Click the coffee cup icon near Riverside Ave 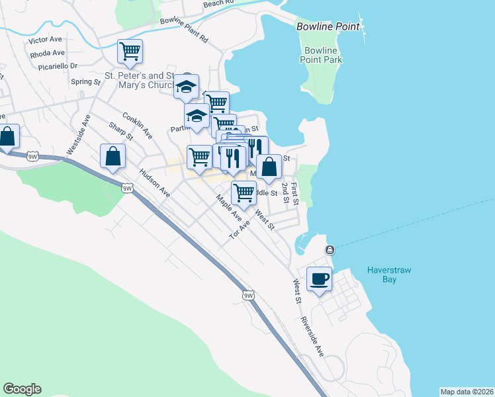pyautogui.click(x=320, y=279)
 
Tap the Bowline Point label pyautogui.click(x=328, y=27)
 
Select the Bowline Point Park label pyautogui.click(x=323, y=55)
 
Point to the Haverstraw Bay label pyautogui.click(x=382, y=275)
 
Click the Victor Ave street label pyautogui.click(x=45, y=40)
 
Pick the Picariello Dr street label pyautogui.click(x=59, y=66)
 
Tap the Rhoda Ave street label pyautogui.click(x=48, y=53)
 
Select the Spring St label pyautogui.click(x=85, y=82)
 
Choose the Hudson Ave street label pyautogui.click(x=154, y=183)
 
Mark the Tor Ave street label pyautogui.click(x=240, y=230)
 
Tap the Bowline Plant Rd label pyautogui.click(x=183, y=30)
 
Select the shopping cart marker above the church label pyautogui.click(x=130, y=51)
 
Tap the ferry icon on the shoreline pyautogui.click(x=329, y=249)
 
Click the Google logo pyautogui.click(x=22, y=389)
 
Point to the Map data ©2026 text pyautogui.click(x=467, y=392)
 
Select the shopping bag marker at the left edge pyautogui.click(x=7, y=137)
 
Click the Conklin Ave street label pyautogui.click(x=137, y=125)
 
